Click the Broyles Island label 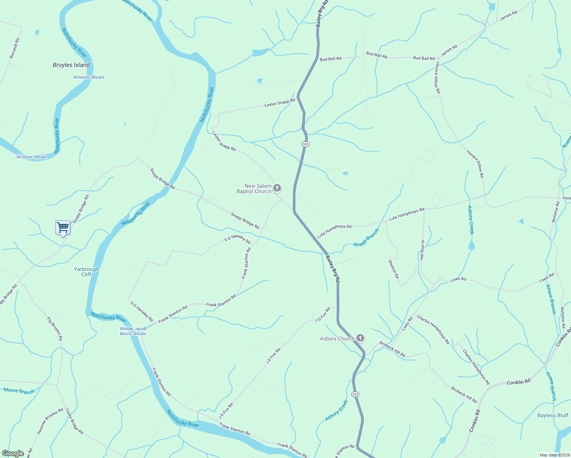coord(71,65)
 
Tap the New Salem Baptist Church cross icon coord(277,188)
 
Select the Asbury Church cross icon coord(360,338)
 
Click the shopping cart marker coord(63,227)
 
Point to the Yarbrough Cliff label coord(86,272)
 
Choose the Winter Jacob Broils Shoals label coord(133,331)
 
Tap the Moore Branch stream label coord(19,390)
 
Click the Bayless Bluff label coord(553,415)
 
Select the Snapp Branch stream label coord(366,238)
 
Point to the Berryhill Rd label coord(15,48)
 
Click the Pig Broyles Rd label coord(55,328)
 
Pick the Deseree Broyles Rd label coord(50,421)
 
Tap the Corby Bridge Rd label coord(74,421)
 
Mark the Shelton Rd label coord(394,269)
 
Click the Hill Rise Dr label coord(422,250)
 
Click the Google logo coord(13,453)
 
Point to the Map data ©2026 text coord(554,455)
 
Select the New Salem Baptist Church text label coord(254,189)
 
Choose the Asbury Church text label coord(337,339)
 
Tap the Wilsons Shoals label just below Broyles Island coord(89,77)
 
